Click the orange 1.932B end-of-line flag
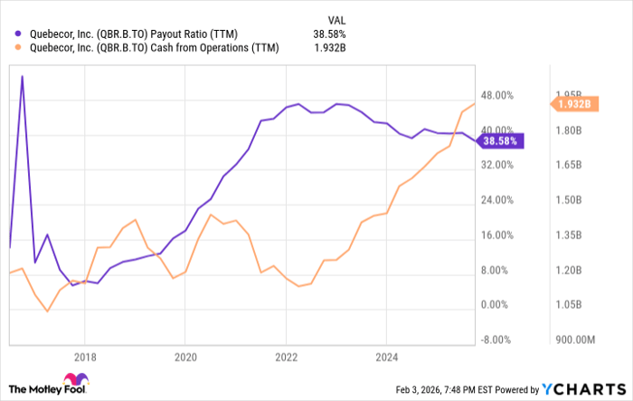572,104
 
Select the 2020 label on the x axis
184,357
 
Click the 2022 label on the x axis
286,357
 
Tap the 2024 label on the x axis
386,357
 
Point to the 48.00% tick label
499,95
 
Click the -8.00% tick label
499,340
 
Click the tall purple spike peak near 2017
22,77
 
